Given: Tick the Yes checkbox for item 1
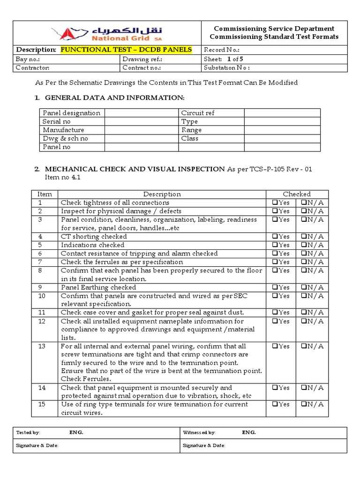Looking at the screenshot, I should [275, 203].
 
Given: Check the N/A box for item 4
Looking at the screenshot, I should [304, 237].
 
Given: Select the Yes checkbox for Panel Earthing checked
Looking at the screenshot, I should [275, 287].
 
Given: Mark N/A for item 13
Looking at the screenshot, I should [304, 346].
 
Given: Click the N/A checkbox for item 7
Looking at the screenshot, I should [304, 262].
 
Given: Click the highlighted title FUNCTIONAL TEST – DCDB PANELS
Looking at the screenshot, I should [126, 50].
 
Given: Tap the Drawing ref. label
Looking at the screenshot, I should [142, 59].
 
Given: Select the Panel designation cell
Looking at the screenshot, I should [71, 113].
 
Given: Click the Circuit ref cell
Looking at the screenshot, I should [198, 113].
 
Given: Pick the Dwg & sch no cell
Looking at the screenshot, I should [65, 138].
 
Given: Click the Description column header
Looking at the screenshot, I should [162, 194].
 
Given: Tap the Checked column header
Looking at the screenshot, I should [296, 194].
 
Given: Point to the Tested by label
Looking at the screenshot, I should [28, 432].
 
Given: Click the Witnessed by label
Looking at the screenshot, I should [199, 432].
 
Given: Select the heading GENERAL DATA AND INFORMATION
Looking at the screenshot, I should [115, 97].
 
